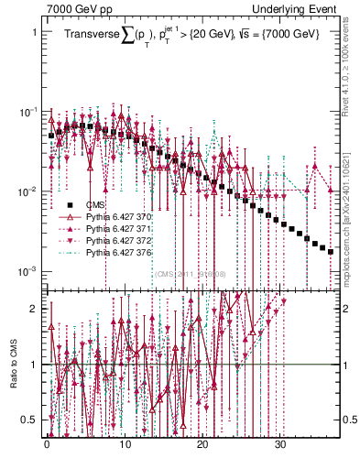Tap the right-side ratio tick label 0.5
349,420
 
